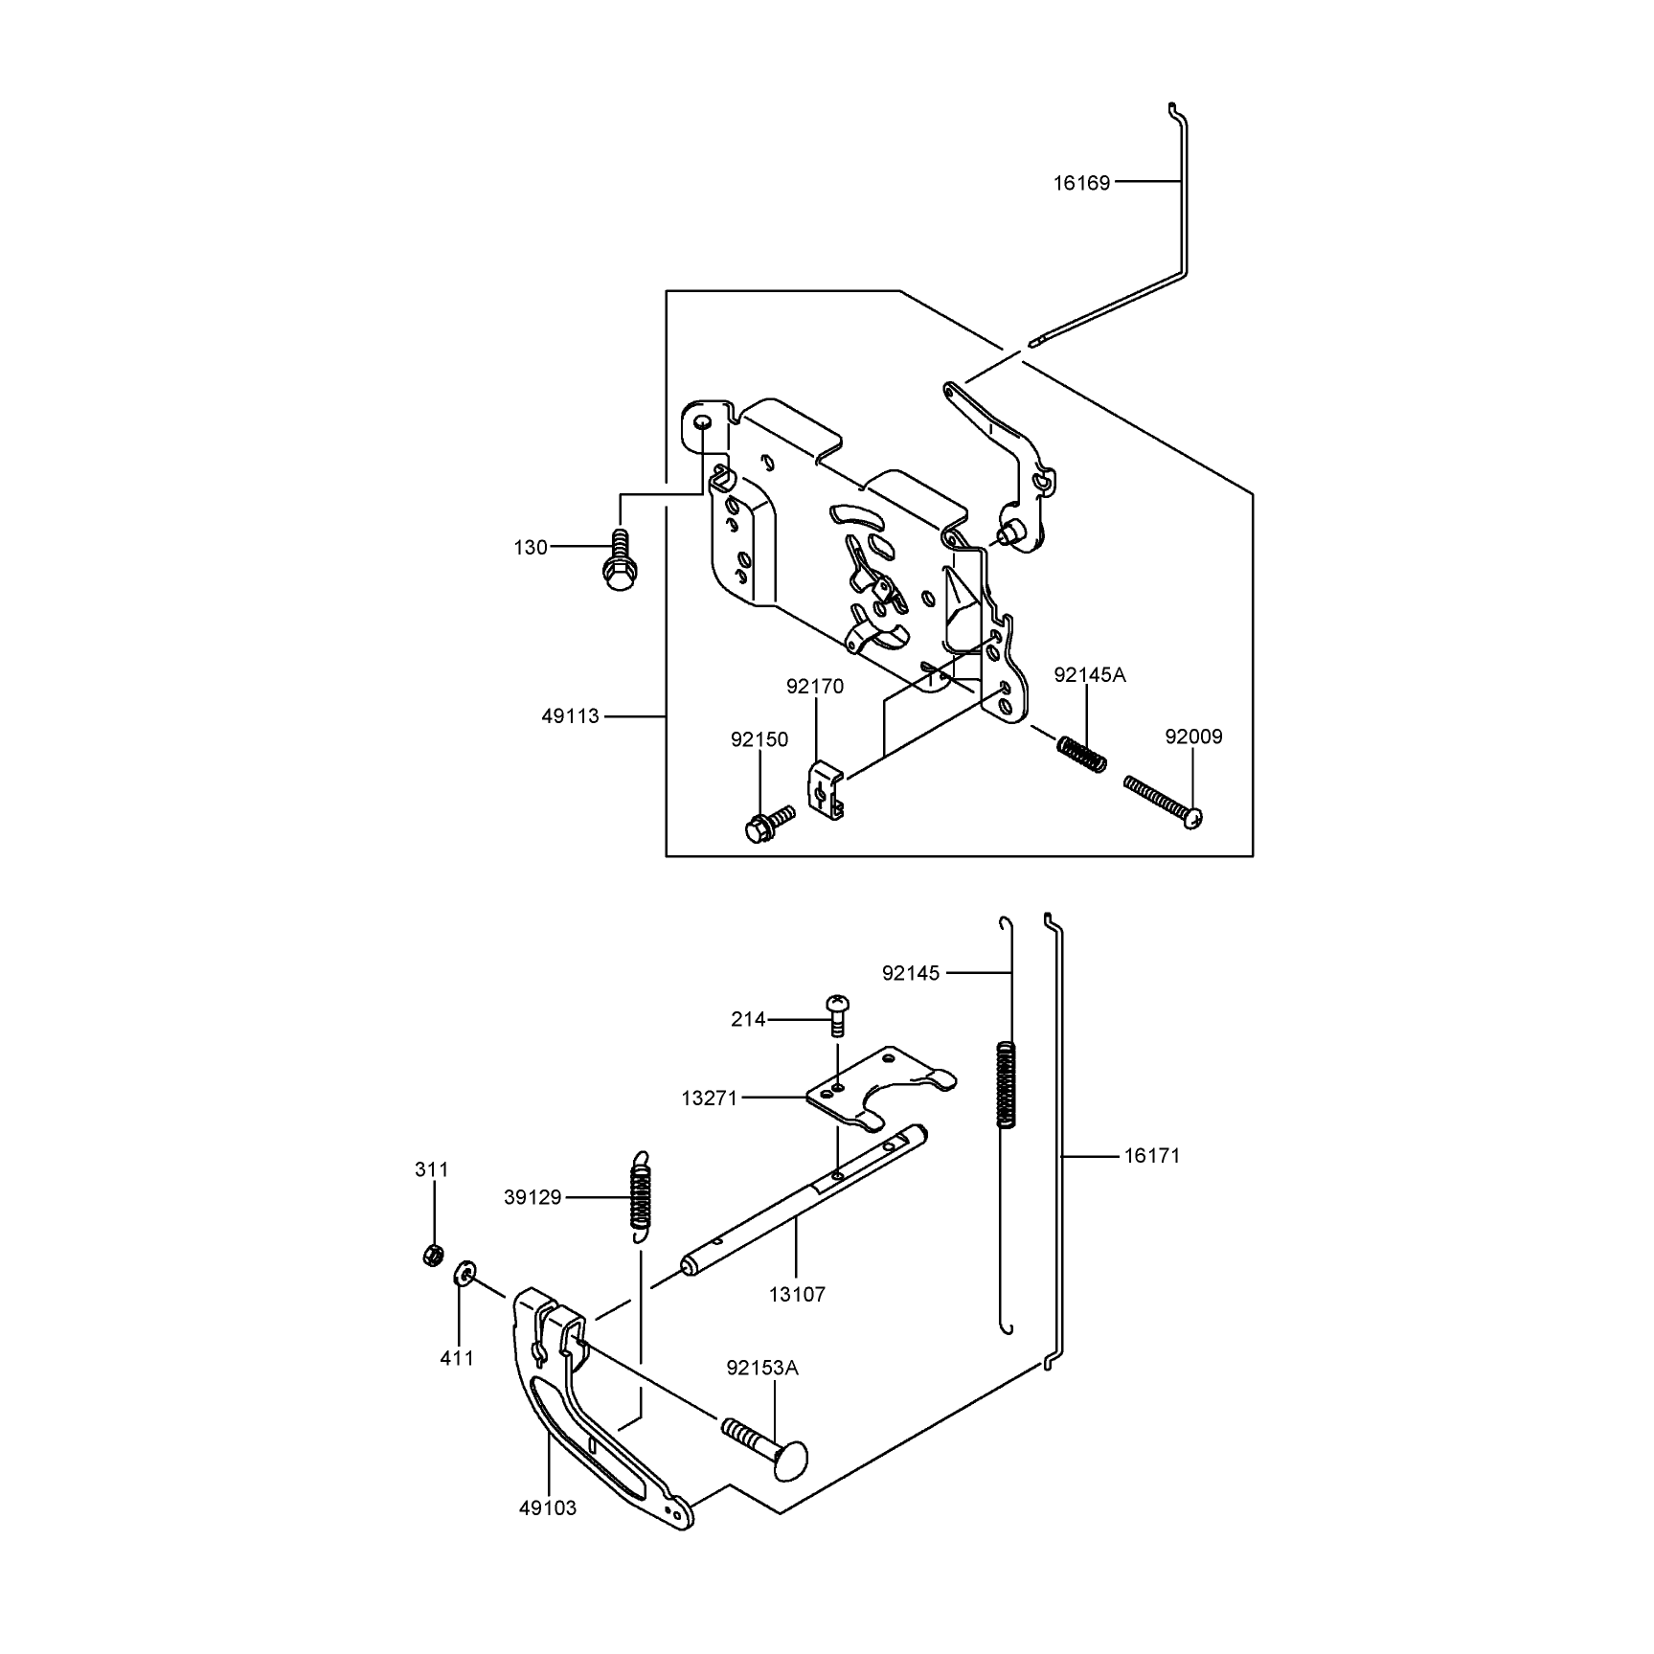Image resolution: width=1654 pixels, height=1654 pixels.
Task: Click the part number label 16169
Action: click(x=1081, y=183)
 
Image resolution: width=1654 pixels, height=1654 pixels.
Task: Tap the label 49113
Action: click(x=571, y=715)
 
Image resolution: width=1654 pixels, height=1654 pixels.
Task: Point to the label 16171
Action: click(x=1152, y=1156)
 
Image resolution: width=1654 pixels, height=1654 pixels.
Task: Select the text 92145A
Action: click(x=1090, y=675)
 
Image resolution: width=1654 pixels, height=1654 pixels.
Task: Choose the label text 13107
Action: click(x=797, y=1295)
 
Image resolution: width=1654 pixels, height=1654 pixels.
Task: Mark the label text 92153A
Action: click(x=762, y=1369)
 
